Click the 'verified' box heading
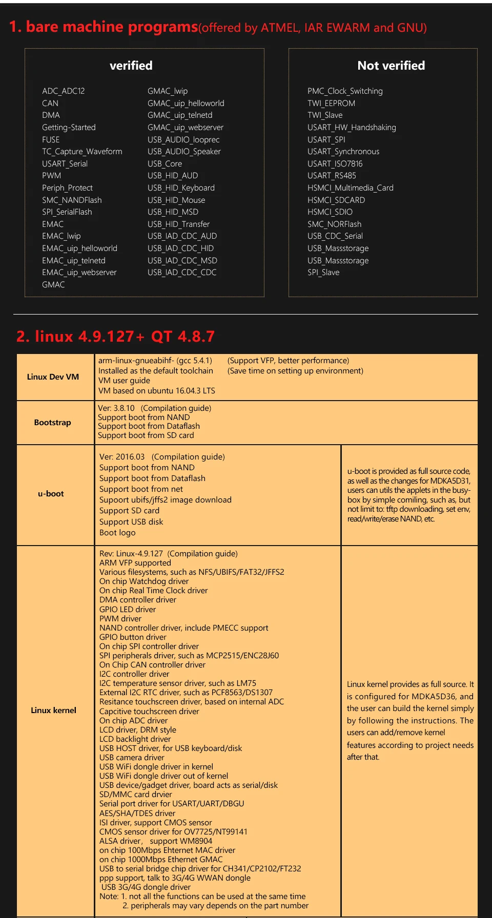131,66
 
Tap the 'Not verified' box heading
391,66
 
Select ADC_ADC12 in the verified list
64,91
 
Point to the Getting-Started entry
69,128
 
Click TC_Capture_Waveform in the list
82,152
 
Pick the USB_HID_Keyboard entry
181,188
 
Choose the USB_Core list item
165,164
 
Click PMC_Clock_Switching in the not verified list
345,91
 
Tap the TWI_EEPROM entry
331,103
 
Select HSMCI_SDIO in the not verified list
330,212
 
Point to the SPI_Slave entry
323,273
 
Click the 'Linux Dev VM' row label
53,377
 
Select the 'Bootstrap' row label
52,423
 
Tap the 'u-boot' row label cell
51,494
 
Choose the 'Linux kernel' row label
53,711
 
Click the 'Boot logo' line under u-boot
117,533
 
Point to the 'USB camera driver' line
132,758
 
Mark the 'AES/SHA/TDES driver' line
137,813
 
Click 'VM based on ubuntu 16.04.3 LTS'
157,391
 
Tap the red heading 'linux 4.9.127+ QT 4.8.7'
115,337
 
